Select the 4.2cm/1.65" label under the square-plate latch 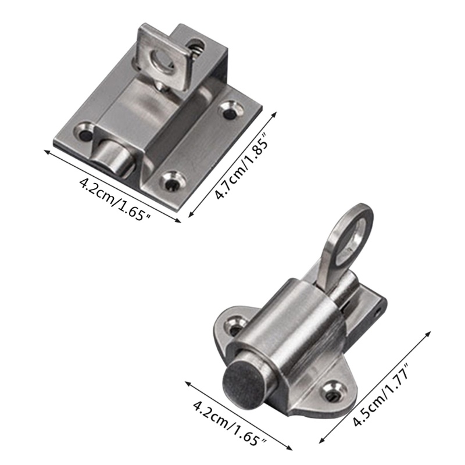pyautogui.click(x=115, y=198)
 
